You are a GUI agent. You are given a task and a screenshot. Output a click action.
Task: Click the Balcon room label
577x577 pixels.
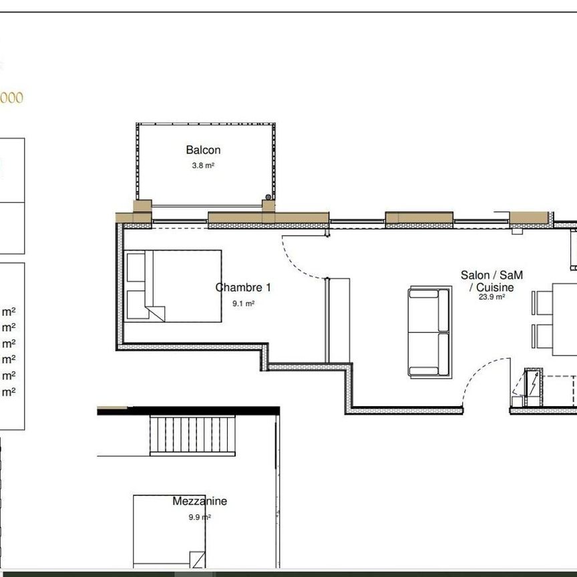203,150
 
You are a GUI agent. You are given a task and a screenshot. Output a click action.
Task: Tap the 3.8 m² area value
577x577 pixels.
203,166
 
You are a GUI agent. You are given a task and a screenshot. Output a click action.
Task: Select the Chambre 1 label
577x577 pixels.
243,288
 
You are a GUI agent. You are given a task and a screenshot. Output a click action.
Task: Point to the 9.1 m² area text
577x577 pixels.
244,303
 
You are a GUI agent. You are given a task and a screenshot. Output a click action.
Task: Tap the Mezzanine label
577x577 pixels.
200,501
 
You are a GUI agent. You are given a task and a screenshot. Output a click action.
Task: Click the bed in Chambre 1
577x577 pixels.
174,286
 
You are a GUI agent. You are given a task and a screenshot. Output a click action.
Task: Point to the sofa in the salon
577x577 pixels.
429,332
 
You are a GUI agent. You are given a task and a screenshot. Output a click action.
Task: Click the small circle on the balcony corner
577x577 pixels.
268,197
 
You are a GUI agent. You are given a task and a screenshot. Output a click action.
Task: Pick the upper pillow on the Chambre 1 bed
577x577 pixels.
136,267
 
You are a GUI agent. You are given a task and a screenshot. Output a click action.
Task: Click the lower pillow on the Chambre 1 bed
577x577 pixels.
136,305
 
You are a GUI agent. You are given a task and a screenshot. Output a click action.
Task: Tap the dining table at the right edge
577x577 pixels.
564,320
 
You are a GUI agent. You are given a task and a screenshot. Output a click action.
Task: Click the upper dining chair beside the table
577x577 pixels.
542,303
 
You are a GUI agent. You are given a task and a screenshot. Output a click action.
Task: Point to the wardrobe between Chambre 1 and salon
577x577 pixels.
337,321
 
